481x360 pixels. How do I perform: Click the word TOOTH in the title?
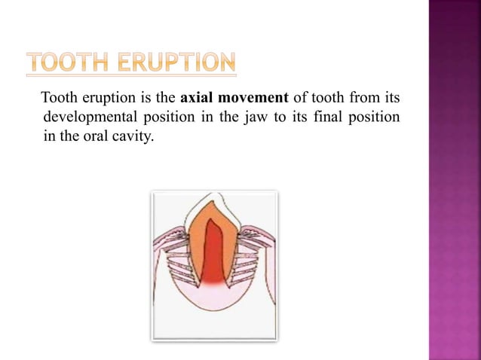[x=67, y=63]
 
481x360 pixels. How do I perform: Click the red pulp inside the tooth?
[x=213, y=256]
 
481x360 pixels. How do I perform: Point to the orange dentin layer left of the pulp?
[x=197, y=249]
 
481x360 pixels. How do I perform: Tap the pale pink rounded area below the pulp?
[x=213, y=301]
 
